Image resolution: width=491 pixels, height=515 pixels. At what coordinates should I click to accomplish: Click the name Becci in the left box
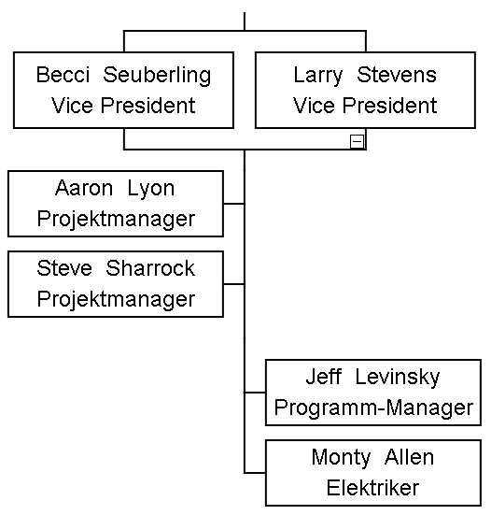[x=63, y=75]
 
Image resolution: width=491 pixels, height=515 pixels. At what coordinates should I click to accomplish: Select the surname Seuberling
[x=157, y=76]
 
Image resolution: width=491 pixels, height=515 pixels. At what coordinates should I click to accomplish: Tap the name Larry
[x=317, y=76]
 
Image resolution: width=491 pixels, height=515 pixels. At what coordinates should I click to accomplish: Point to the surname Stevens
[x=397, y=75]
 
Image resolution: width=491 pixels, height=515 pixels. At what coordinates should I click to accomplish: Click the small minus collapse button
[x=357, y=141]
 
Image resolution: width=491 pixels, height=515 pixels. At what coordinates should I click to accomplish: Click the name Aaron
[x=84, y=188]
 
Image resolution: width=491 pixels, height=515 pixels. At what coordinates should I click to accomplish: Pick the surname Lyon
[x=151, y=190]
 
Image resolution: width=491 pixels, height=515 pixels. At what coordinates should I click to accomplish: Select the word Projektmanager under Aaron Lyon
[x=116, y=220]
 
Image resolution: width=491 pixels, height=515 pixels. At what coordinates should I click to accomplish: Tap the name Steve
[x=64, y=268]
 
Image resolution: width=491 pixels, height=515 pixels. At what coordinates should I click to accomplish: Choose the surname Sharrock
[x=150, y=268]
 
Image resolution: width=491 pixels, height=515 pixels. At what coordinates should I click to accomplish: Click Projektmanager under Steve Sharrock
[x=116, y=300]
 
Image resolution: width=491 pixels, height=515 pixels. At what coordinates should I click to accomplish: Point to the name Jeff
[x=324, y=377]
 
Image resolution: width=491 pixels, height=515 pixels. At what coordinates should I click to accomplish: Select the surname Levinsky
[x=398, y=378]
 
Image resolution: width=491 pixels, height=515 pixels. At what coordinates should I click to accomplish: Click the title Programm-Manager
[x=373, y=408]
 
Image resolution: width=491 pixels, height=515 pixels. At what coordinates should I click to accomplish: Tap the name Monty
[x=341, y=458]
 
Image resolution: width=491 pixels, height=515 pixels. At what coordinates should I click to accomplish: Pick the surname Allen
[x=409, y=457]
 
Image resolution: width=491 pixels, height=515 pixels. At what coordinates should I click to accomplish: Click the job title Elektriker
[x=373, y=488]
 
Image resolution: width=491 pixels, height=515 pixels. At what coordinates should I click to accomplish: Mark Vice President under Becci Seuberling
[x=123, y=106]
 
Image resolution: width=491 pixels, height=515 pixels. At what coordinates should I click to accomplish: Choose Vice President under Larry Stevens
[x=365, y=106]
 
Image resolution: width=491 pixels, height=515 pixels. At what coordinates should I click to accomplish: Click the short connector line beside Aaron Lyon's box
[x=234, y=204]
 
